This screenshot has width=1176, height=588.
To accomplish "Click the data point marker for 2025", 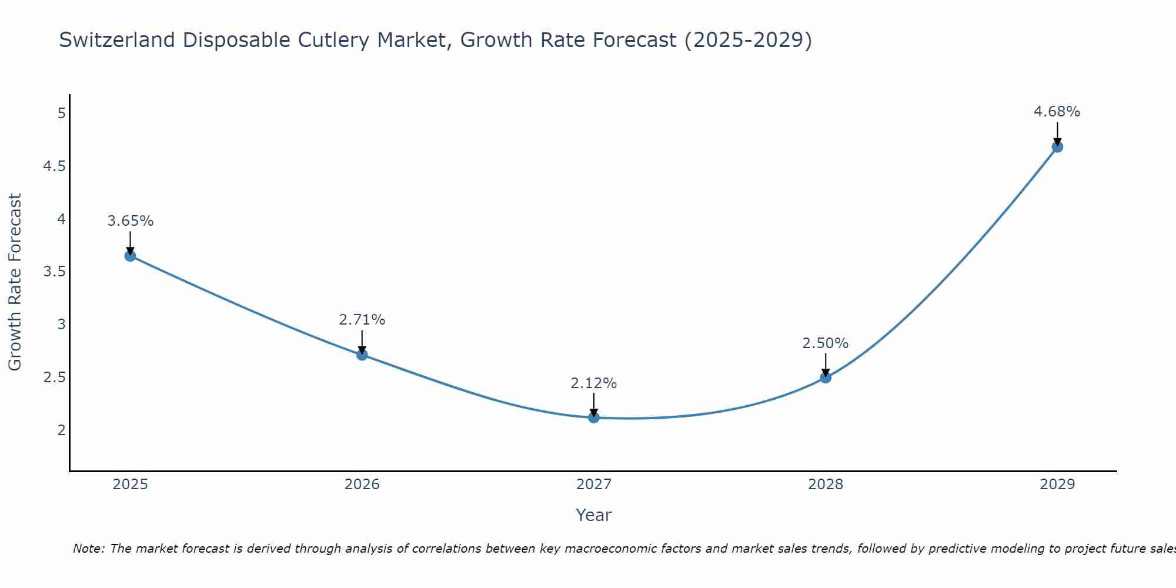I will (130, 256).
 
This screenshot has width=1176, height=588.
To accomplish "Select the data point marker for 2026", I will (362, 355).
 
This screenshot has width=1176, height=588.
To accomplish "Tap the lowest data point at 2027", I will (594, 417).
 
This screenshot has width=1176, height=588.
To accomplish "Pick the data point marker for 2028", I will (826, 377).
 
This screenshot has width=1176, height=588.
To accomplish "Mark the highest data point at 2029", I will (1057, 147).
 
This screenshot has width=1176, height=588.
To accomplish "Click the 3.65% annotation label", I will (131, 221).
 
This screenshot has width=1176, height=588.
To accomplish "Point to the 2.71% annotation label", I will (362, 320).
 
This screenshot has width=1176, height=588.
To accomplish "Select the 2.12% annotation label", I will (594, 383).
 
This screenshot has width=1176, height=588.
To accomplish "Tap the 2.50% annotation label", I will (826, 343).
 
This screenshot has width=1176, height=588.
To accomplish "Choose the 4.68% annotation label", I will (1057, 112).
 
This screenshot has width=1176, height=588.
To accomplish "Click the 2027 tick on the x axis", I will (594, 485).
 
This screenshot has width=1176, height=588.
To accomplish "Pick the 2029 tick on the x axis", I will (1057, 485).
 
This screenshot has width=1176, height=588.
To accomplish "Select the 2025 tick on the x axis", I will (131, 485).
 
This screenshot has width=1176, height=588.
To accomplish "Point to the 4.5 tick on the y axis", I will (54, 166).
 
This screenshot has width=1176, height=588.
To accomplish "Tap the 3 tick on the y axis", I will (61, 325).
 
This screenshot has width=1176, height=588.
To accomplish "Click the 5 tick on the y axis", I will (61, 113).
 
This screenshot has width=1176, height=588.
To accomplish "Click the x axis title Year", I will (594, 515).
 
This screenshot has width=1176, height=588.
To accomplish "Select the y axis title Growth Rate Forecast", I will (15, 282).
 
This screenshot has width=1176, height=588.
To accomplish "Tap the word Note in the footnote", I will (88, 549).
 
